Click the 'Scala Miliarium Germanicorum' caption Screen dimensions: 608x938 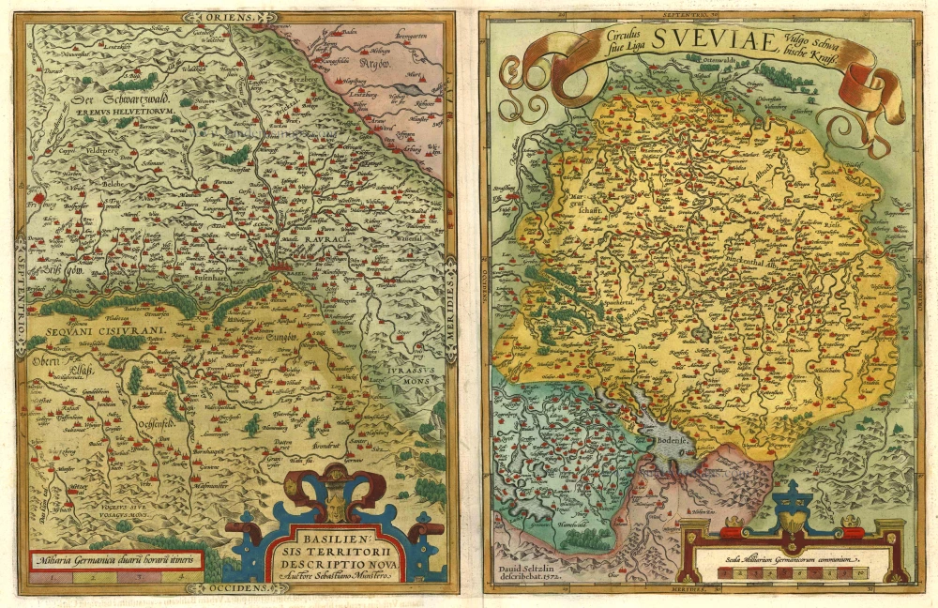(x=794, y=562)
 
